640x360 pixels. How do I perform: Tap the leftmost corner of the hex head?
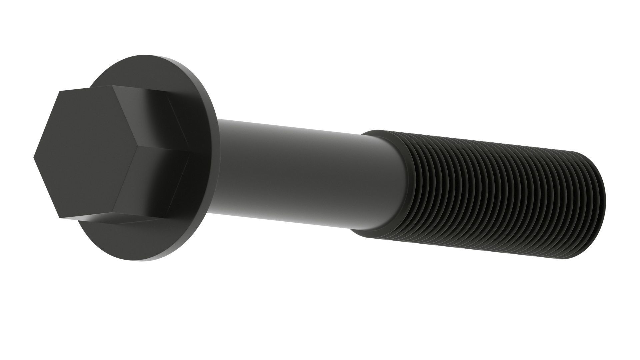(34, 157)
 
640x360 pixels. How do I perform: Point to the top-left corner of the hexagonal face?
(59, 91)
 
